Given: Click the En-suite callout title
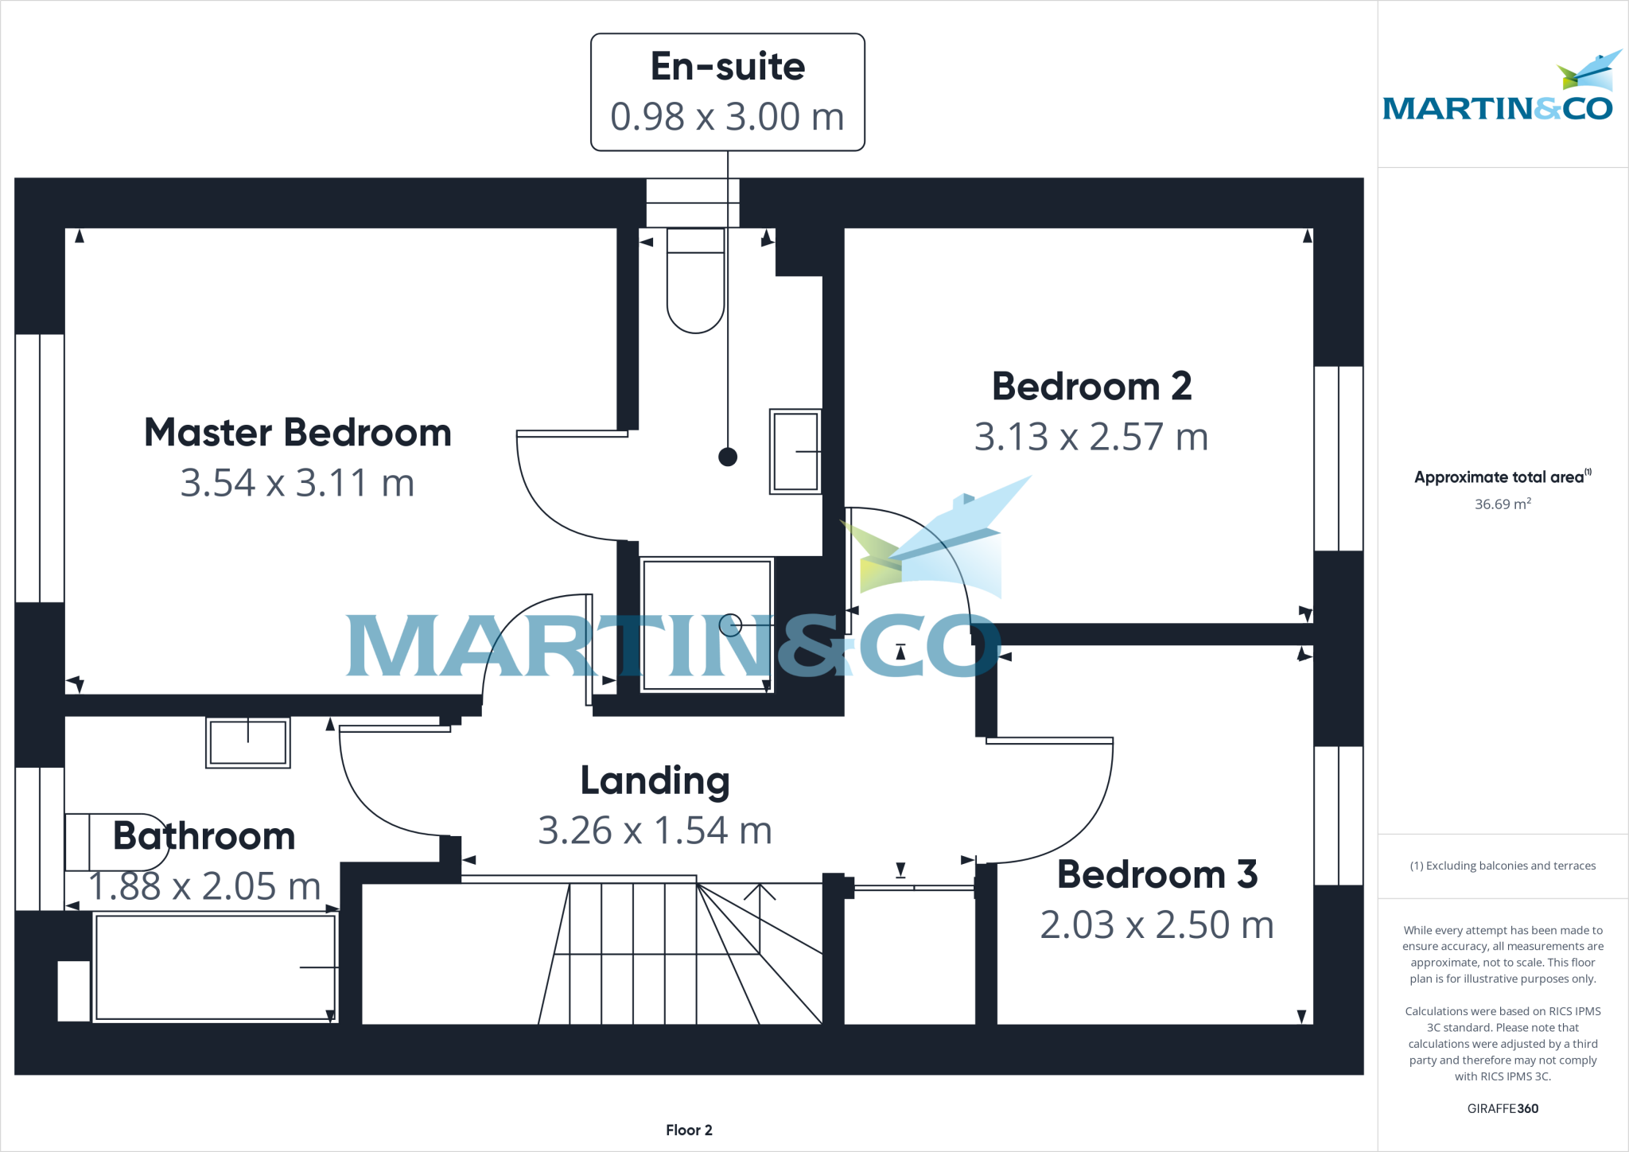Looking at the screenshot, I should click(727, 66).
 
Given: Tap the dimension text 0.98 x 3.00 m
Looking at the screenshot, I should click(727, 117).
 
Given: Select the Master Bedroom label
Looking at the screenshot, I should click(297, 433).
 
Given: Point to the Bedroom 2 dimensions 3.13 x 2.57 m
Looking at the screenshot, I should click(1091, 437).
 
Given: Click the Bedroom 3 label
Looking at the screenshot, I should click(1157, 874).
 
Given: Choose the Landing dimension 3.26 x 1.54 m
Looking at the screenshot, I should click(655, 831).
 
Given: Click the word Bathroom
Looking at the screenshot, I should click(204, 836).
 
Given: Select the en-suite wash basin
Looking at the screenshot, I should click(795, 451).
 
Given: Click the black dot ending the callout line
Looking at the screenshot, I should click(727, 457).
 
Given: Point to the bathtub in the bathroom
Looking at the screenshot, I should click(215, 967).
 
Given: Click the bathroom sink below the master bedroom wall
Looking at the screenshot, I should click(248, 741).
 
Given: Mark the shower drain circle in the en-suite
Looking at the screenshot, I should click(730, 626).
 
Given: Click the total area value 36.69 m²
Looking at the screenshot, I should click(1503, 504).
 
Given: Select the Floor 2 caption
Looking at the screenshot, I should click(689, 1130).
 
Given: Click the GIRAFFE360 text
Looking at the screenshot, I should click(1503, 1108).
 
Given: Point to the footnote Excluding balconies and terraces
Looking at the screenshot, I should click(1503, 866).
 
